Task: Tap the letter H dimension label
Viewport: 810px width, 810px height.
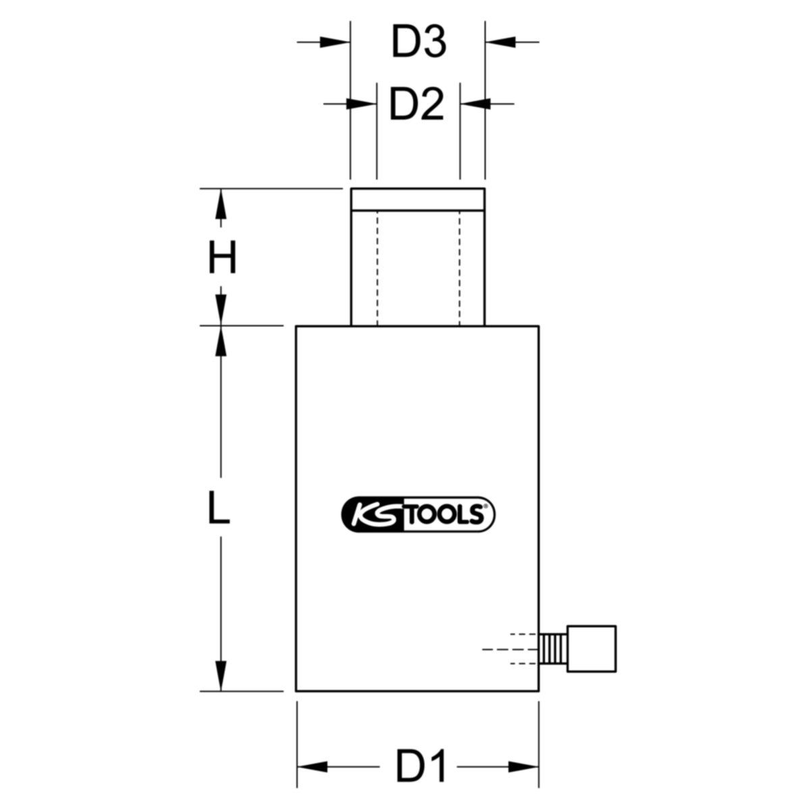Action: (x=222, y=256)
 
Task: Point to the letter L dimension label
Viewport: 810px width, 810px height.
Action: (x=219, y=508)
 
